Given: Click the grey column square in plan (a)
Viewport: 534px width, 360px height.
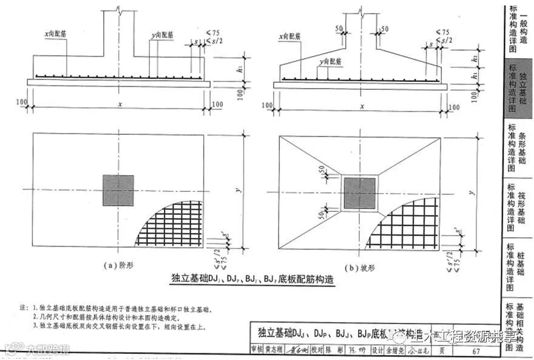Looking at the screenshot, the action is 118,190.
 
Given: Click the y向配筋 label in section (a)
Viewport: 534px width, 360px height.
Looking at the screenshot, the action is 162,36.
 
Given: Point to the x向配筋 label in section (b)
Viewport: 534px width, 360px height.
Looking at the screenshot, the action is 291,36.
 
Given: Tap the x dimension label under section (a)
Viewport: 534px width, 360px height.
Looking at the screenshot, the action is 120,104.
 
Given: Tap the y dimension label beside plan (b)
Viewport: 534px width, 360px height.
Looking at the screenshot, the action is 471,192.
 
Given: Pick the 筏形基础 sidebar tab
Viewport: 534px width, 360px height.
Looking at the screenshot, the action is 518,209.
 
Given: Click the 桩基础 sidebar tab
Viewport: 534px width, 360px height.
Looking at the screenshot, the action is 518,267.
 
